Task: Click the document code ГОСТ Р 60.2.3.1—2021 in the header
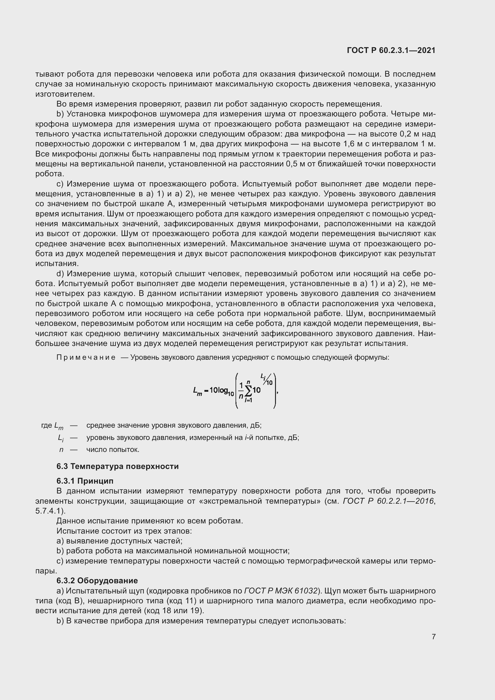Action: click(x=391, y=51)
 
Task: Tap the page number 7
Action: click(x=433, y=637)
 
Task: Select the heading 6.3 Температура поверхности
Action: click(x=117, y=467)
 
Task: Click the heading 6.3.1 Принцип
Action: click(x=85, y=481)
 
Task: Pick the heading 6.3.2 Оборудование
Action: click(x=97, y=581)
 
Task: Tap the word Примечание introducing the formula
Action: click(x=86, y=357)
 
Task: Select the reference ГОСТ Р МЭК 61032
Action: click(x=281, y=591)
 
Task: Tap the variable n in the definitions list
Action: click(x=61, y=450)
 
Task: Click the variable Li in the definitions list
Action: click(x=61, y=438)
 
